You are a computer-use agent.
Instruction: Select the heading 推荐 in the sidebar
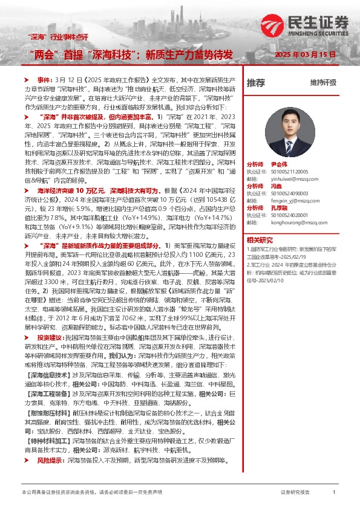coord(256,83)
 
